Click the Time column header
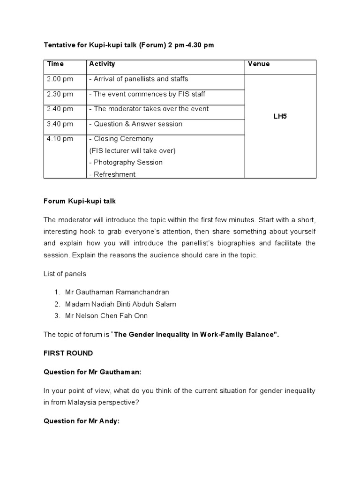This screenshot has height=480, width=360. [55, 64]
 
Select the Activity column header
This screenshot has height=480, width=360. [102, 64]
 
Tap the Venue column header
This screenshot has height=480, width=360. [258, 64]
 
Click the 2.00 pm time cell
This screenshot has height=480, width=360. [60, 79]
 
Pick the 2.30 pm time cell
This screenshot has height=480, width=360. [60, 94]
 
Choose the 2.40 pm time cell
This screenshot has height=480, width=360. [60, 109]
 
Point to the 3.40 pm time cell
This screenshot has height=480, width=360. [60, 124]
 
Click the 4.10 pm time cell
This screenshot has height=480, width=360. [60, 139]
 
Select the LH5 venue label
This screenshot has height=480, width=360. [280, 116]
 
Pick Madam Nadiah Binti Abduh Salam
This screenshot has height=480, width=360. [121, 304]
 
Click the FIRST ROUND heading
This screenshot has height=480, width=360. [68, 353]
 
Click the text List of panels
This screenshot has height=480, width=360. [65, 274]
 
